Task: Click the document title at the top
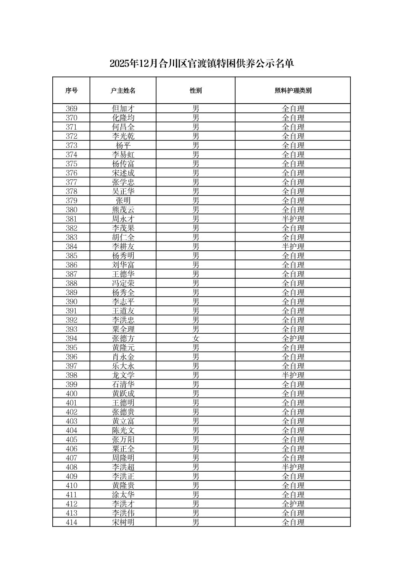(x=202, y=63)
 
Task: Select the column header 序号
(x=71, y=91)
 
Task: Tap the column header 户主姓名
(x=123, y=91)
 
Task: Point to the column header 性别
(x=195, y=91)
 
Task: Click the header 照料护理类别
(x=293, y=91)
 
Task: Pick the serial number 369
(x=71, y=109)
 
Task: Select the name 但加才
(x=123, y=109)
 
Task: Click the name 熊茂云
(x=123, y=210)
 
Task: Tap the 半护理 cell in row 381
(x=293, y=219)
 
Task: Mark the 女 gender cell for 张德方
(x=195, y=339)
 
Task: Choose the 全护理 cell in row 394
(x=293, y=339)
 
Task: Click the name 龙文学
(x=123, y=375)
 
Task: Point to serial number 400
(x=71, y=394)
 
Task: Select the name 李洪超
(x=123, y=467)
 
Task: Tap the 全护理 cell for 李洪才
(x=293, y=504)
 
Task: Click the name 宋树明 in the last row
(x=123, y=522)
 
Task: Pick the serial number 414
(x=71, y=522)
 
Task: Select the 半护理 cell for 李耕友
(x=293, y=247)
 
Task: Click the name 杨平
(x=123, y=145)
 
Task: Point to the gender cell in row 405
(x=195, y=440)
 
